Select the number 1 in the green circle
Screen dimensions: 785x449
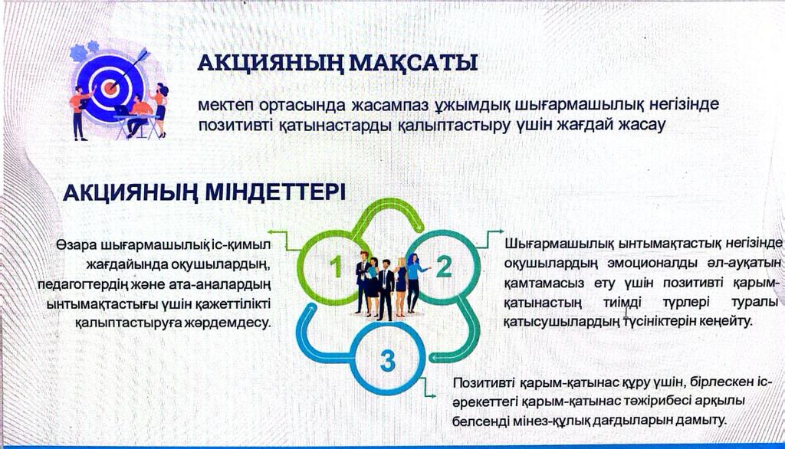[x=336, y=267]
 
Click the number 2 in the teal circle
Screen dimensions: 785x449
[x=444, y=266]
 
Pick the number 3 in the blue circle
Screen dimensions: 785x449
[x=387, y=361]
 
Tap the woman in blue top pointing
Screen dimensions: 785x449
[x=415, y=282]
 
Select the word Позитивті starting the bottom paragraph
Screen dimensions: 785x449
[x=484, y=383]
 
